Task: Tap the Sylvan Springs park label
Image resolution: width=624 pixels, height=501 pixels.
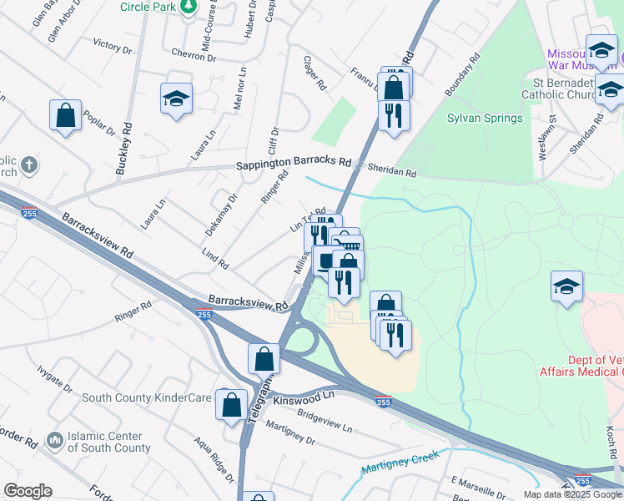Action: (x=485, y=118)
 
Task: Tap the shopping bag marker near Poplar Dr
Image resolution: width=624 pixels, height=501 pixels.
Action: (x=65, y=114)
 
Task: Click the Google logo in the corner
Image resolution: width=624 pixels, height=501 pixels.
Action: (x=28, y=491)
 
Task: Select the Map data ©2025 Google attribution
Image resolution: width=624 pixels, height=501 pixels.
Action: (x=572, y=494)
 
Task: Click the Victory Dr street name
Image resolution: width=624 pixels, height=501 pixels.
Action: (x=113, y=45)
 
